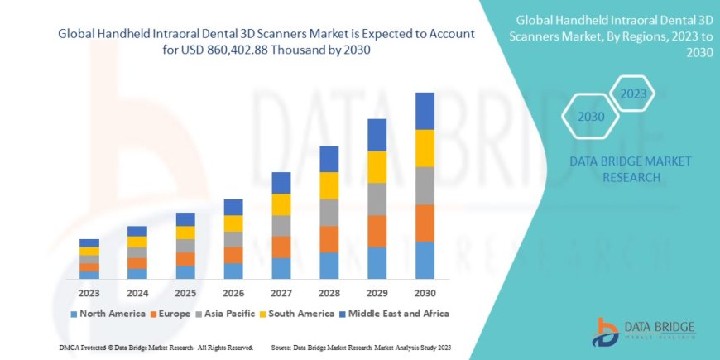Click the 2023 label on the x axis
[x=89, y=293]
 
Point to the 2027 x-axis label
[x=281, y=293]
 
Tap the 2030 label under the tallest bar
[x=425, y=293]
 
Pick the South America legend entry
[x=290, y=314]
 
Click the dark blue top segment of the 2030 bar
[x=425, y=111]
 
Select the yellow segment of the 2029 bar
[x=377, y=167]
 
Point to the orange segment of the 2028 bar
[x=329, y=239]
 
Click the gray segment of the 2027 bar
[x=281, y=226]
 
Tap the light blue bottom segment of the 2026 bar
[x=233, y=271]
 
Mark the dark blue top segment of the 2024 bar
[x=137, y=231]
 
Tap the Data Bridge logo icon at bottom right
[x=606, y=331]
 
